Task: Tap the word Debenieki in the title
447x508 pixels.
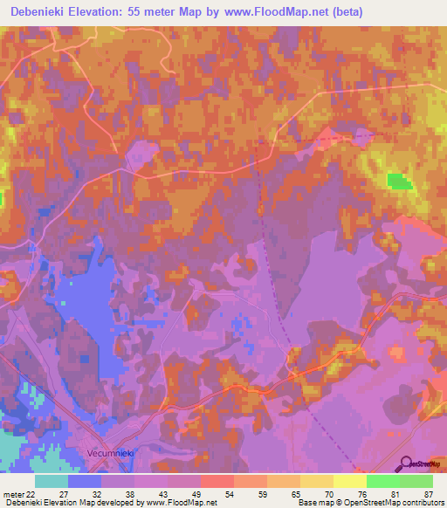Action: (39, 12)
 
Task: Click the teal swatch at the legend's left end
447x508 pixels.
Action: (52, 481)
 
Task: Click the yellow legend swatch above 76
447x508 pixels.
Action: (349, 481)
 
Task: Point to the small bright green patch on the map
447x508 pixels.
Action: (397, 181)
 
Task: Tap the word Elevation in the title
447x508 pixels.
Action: (100, 12)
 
